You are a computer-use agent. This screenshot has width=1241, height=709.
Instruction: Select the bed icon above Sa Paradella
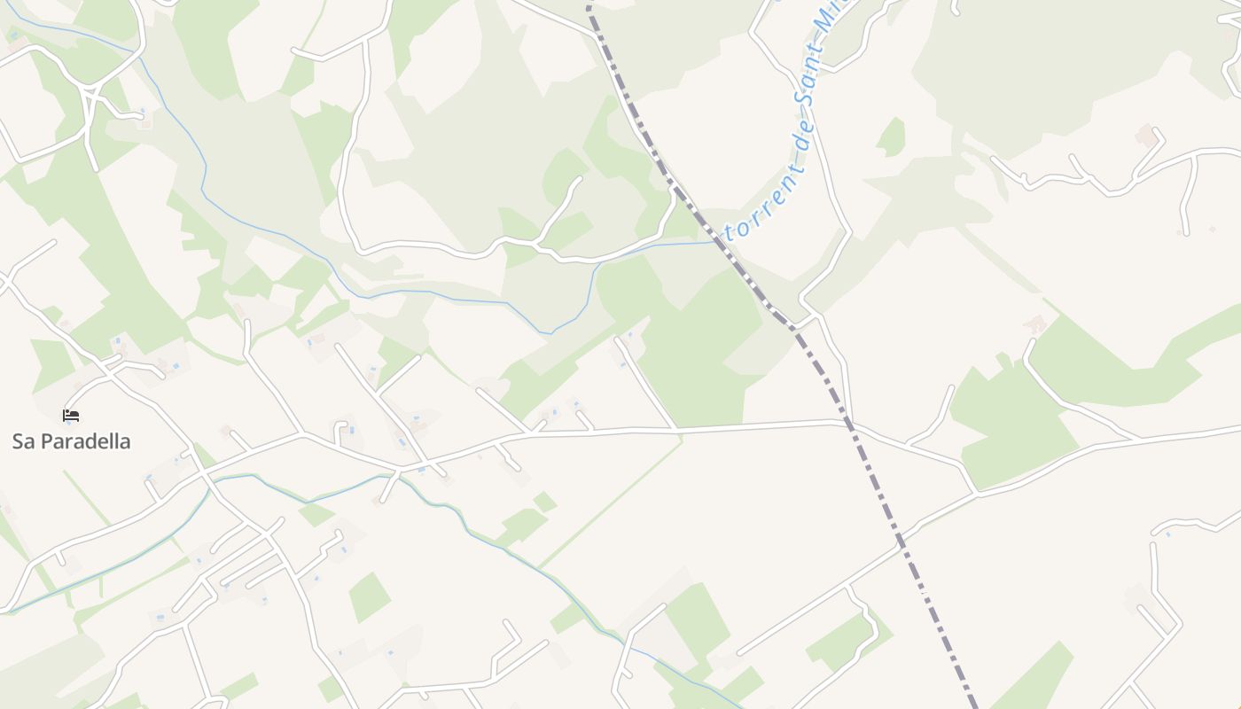pos(71,415)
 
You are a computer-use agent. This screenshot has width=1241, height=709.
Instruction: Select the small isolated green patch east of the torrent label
pos(891,137)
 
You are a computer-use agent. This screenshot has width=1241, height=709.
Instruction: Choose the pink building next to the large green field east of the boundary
pos(1034,324)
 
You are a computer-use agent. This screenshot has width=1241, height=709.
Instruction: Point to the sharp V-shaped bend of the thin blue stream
pos(550,333)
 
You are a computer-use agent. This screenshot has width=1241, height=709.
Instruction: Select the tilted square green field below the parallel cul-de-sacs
pos(369,596)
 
